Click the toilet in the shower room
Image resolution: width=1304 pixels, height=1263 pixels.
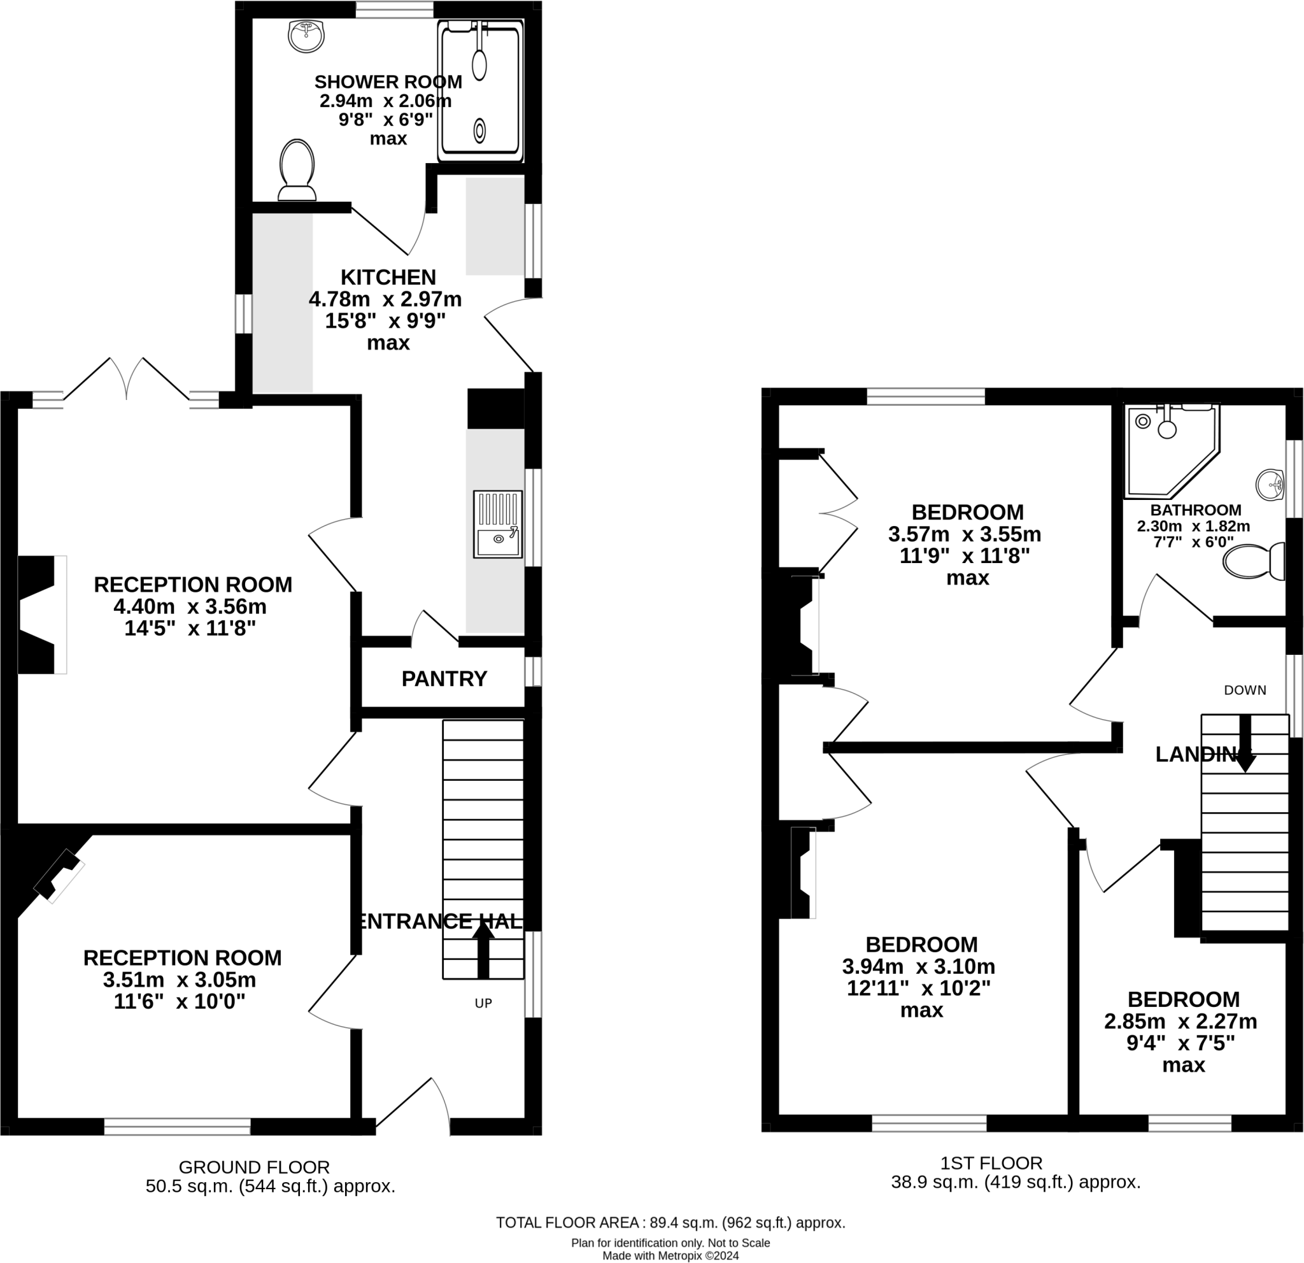pyautogui.click(x=297, y=169)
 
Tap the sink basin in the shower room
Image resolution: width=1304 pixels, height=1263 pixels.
pyautogui.click(x=306, y=35)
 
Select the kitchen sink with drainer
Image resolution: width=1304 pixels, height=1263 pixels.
pyautogui.click(x=498, y=524)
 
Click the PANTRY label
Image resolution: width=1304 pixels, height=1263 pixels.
pyautogui.click(x=444, y=679)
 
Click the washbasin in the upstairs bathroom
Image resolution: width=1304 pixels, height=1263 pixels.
pyautogui.click(x=1270, y=485)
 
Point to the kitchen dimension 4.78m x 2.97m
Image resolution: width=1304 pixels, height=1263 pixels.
pyautogui.click(x=385, y=299)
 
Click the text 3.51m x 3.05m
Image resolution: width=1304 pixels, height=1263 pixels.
pyautogui.click(x=180, y=980)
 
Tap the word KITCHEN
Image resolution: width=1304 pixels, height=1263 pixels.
pyautogui.click(x=388, y=277)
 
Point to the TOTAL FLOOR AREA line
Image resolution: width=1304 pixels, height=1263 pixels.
pyautogui.click(x=670, y=1222)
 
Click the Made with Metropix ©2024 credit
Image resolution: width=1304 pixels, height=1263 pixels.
pyautogui.click(x=670, y=1256)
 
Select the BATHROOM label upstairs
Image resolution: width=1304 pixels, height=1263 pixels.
pyautogui.click(x=1196, y=510)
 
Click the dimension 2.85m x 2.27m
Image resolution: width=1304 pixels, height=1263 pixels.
pyautogui.click(x=1180, y=1021)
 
